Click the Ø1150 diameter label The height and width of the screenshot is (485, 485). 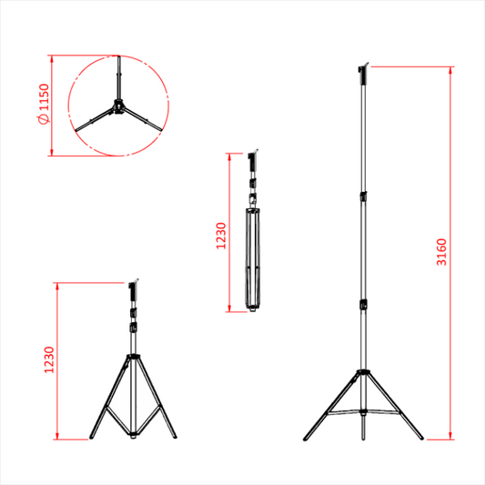coord(44,104)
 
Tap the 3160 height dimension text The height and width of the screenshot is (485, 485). coord(441,252)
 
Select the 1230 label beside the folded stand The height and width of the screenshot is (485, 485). coord(221,236)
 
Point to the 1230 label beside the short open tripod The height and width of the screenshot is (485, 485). coord(49,359)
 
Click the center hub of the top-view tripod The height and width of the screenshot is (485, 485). coord(118,106)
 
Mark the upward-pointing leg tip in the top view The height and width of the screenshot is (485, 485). coord(119,57)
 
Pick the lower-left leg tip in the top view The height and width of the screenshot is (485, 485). coord(76,130)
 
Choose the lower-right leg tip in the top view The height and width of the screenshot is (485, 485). coord(160,129)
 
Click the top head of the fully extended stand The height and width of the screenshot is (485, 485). coord(363,74)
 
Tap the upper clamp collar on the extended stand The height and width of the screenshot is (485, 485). coord(363,197)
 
